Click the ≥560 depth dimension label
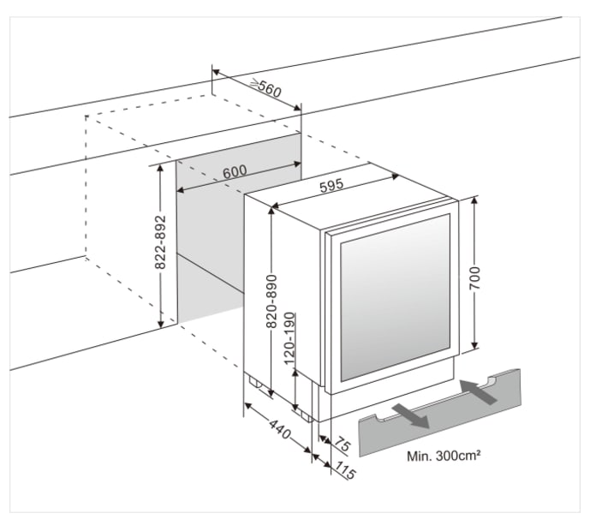(266, 87)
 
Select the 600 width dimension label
(235, 171)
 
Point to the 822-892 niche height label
(159, 243)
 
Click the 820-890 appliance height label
(271, 299)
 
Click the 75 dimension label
(342, 446)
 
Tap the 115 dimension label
(344, 470)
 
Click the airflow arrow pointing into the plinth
(478, 391)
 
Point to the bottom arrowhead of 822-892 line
(160, 324)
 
